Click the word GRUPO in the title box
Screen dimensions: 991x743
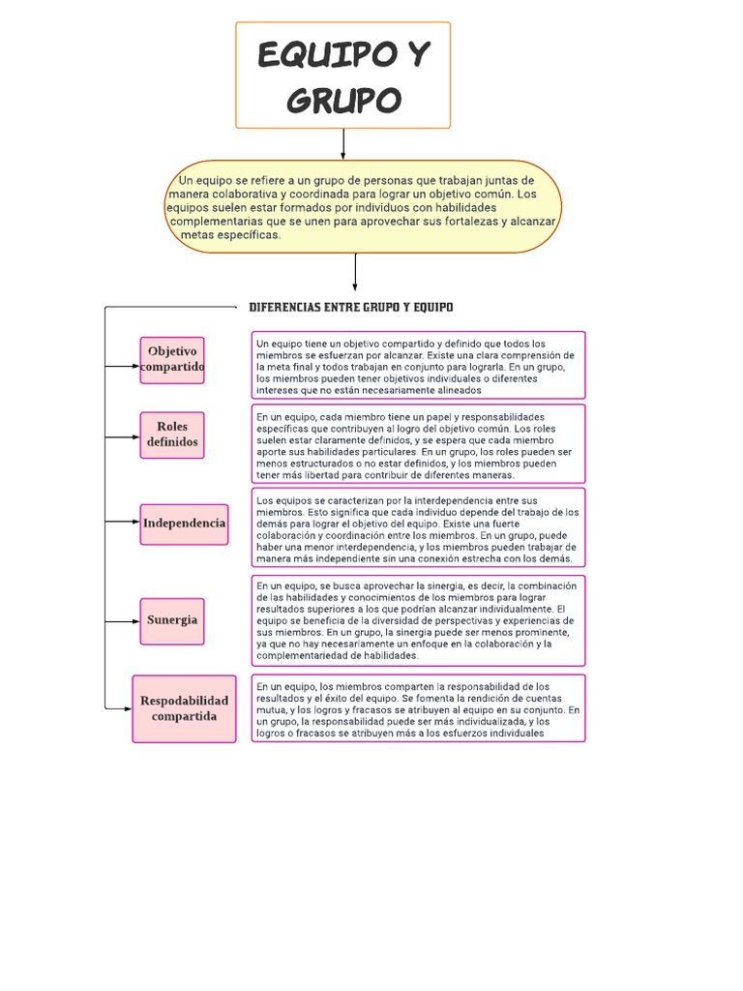coord(342,100)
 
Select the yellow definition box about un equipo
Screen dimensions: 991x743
coord(363,207)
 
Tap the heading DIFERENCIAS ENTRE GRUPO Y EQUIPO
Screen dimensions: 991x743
coord(350,307)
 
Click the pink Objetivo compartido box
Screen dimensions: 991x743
coord(171,360)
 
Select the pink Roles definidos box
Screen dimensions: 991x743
coord(171,434)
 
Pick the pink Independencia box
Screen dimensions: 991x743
coord(184,524)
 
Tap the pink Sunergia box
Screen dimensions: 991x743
coord(172,619)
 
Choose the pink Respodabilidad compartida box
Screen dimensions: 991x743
coord(184,708)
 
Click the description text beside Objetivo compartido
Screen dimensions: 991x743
coord(418,367)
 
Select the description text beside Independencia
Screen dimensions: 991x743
coord(418,528)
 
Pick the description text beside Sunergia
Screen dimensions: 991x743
coord(418,620)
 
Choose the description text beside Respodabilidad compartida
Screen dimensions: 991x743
coord(418,708)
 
